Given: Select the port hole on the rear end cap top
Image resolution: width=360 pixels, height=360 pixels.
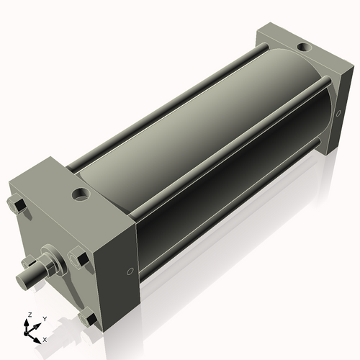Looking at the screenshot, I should (x=304, y=48).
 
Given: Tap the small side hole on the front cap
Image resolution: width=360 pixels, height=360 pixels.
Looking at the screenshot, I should (x=129, y=271).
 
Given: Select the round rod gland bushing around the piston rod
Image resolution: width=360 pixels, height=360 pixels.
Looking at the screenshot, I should (x=53, y=258).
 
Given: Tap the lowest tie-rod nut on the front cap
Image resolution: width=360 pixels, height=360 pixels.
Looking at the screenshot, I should (x=89, y=318).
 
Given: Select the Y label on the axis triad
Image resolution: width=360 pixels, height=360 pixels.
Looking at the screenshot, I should (x=44, y=319).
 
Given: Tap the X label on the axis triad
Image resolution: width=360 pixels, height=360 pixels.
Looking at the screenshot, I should (x=45, y=339).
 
